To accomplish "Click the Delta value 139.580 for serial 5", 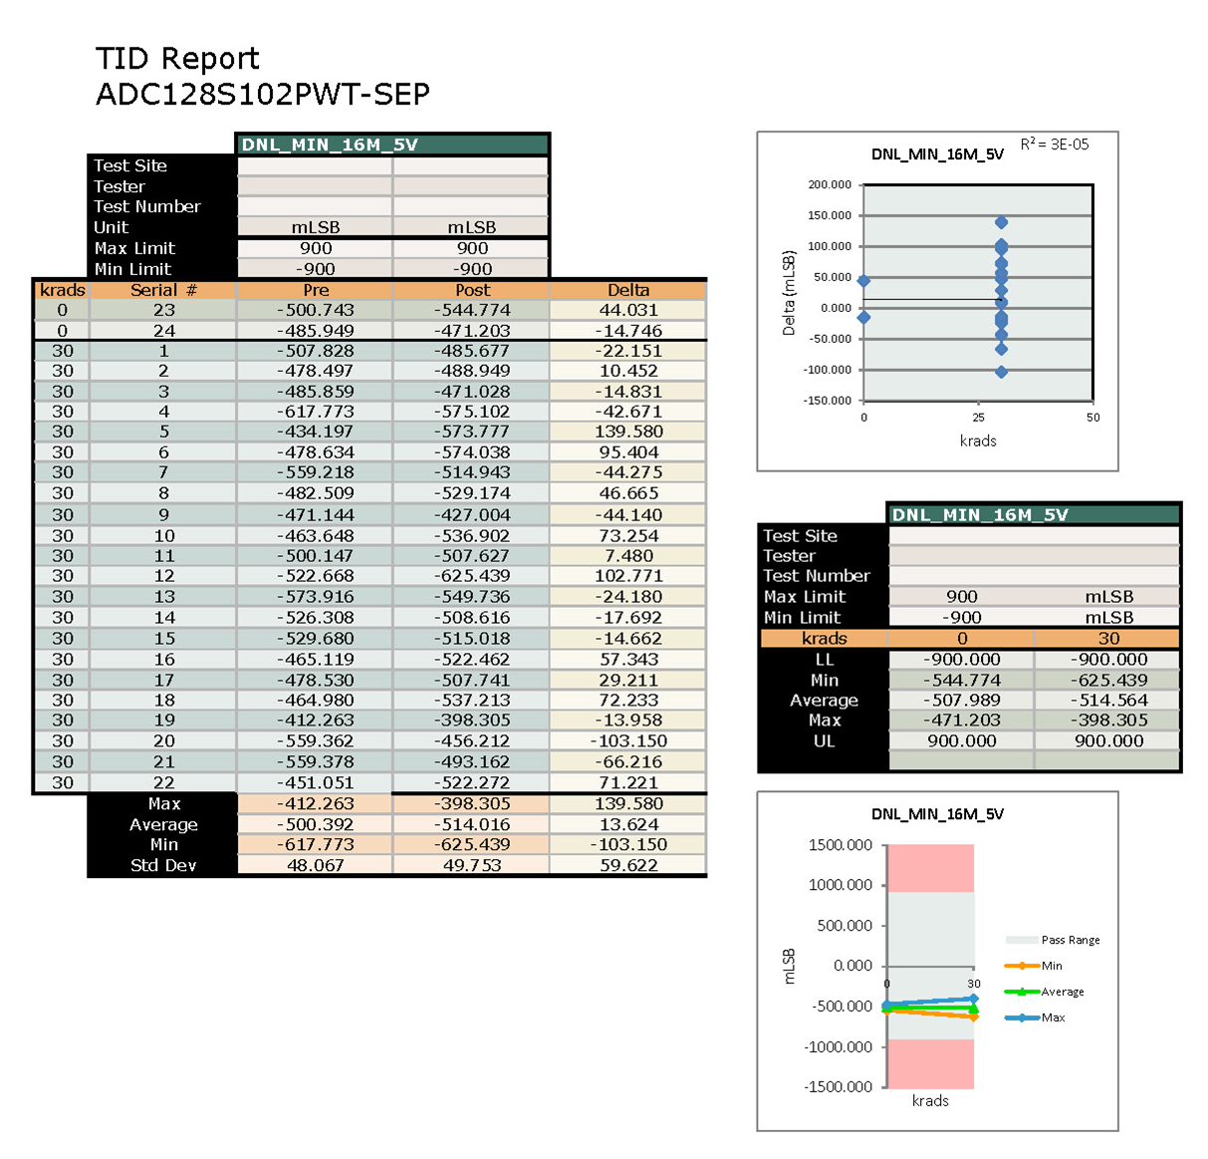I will tap(628, 432).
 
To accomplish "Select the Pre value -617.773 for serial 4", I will tap(315, 412).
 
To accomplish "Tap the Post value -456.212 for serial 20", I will tap(471, 740).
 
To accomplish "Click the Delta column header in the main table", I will tap(628, 290).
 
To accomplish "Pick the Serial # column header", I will tap(163, 290).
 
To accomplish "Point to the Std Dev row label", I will tap(163, 865).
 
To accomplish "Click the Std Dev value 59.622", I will tap(628, 865).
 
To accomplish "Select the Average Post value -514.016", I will tap(471, 824).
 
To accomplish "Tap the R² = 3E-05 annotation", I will tap(1055, 145).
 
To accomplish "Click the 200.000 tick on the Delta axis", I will tap(830, 184).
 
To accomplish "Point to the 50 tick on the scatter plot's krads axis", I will tap(1092, 418).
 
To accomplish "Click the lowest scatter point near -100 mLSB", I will tap(1001, 372).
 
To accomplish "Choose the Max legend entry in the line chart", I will tap(1053, 1017).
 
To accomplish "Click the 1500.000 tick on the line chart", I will tap(841, 845).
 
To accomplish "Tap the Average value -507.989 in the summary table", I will tap(961, 701).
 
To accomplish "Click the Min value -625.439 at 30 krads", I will tap(1108, 681).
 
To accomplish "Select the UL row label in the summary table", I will tap(824, 741).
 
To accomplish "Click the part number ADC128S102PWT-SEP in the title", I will tap(263, 95).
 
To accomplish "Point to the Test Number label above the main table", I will tap(146, 206).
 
